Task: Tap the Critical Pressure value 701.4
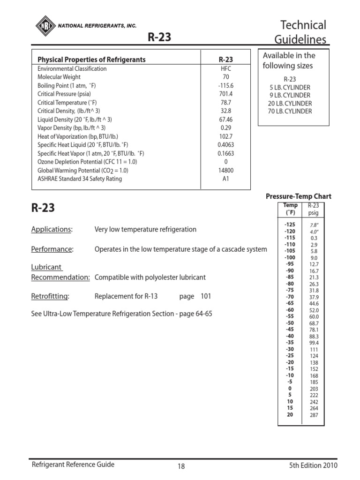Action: (225, 94)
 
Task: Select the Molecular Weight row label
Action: (59, 77)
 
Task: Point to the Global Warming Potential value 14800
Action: (225, 170)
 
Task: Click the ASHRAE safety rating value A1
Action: (225, 179)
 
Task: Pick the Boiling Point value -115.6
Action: (225, 85)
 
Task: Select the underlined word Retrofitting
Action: (50, 296)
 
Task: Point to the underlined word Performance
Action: (52, 249)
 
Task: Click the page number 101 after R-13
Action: (206, 296)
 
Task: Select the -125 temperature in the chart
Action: (289, 225)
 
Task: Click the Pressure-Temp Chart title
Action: (298, 196)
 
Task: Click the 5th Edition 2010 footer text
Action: (313, 465)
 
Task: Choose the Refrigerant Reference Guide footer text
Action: (73, 465)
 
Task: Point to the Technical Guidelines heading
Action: (303, 32)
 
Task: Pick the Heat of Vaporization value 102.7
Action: (225, 136)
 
